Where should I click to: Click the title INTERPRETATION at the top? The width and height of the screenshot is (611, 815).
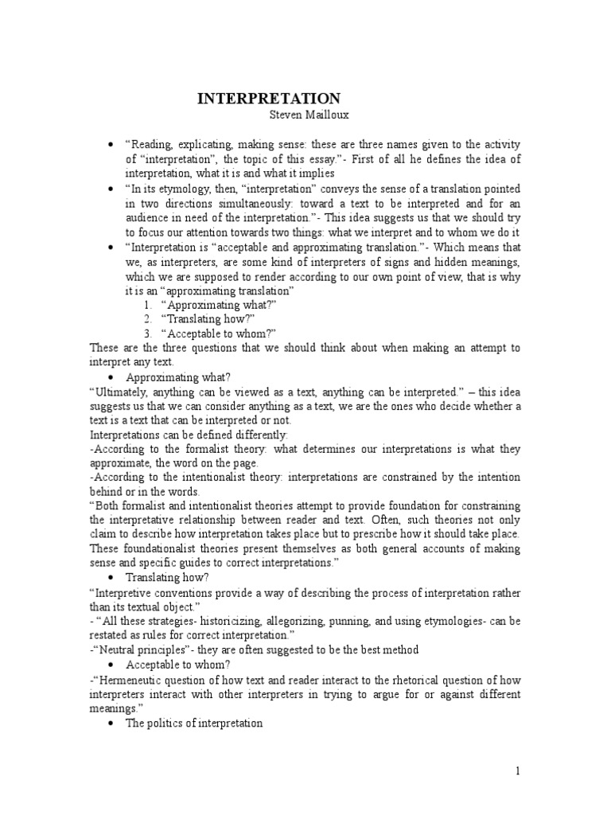tap(268, 99)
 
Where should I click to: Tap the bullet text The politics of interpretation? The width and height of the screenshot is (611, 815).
tap(194, 723)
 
